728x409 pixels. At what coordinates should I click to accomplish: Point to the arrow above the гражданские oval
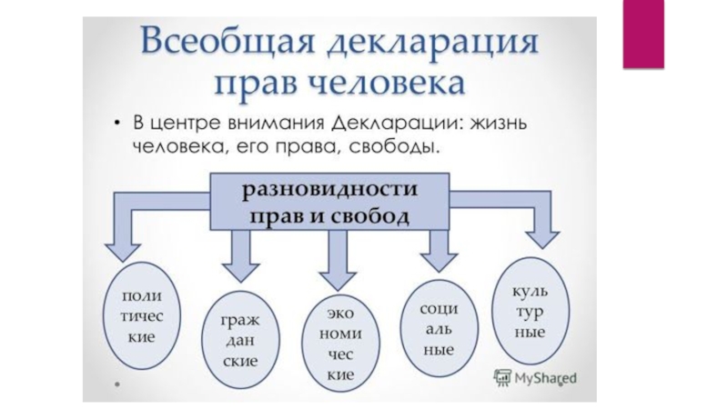pos(240,256)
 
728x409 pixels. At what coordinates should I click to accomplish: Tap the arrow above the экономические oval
pos(339,260)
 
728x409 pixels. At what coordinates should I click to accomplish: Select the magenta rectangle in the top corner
pos(643,35)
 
